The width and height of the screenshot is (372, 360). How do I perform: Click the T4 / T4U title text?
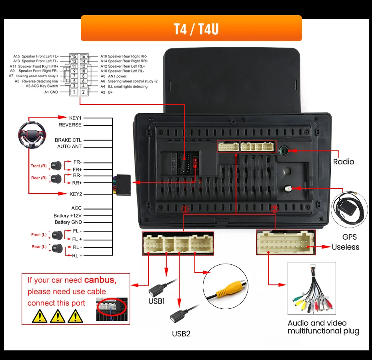coord(191,28)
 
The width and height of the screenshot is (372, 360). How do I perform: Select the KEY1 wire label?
coord(75,118)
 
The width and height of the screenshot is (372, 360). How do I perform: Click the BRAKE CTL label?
coord(68,140)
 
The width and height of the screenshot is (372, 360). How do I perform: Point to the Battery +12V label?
coord(68,216)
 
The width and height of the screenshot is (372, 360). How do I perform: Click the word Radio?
coord(344,162)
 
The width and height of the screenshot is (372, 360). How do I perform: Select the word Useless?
coord(345,247)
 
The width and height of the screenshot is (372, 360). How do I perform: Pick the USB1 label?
coord(157,301)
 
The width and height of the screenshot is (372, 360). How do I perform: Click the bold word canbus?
coord(100,280)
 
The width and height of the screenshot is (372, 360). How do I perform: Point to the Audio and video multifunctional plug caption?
coord(323,327)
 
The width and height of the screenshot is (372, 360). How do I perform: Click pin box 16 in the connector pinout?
coord(83,57)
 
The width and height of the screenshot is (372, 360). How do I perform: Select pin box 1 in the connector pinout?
coord(74,92)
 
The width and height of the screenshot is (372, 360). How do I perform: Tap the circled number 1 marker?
coord(185,209)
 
